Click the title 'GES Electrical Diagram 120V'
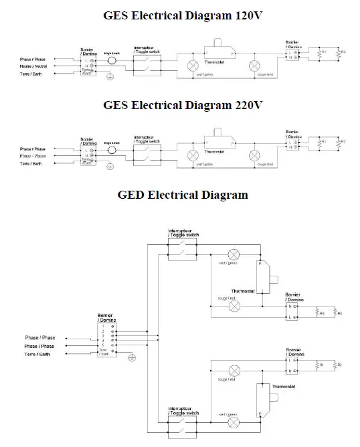[180, 15]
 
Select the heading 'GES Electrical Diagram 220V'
[180, 105]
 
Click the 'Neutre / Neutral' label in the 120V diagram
[33, 66]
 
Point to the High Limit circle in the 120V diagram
[111, 61]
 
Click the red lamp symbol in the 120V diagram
[254, 66]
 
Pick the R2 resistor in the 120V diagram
[339, 54]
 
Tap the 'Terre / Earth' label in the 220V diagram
[33, 163]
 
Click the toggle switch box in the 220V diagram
[147, 153]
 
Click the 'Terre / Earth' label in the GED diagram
[37, 353]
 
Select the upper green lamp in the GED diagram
[234, 254]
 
